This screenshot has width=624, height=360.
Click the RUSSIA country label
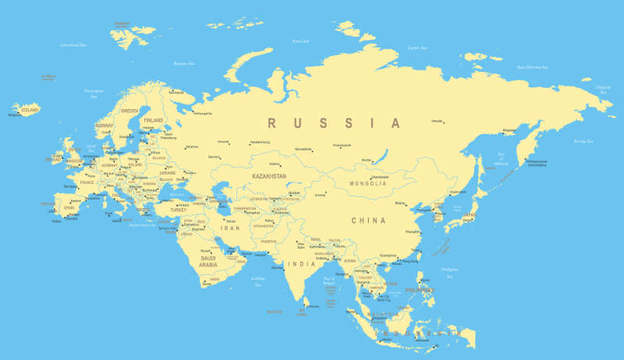tap(334, 123)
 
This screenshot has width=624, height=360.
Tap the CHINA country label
tap(368, 221)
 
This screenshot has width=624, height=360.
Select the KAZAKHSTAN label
tap(269, 177)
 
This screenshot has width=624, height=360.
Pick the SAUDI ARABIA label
tap(208, 261)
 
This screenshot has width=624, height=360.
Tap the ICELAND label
tap(30, 110)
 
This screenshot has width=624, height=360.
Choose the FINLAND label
tap(154, 121)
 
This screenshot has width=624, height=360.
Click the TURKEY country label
tap(179, 210)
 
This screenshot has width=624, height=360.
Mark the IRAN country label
tap(232, 228)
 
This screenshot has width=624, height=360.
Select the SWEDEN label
tap(129, 111)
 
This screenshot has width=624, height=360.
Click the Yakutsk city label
tap(437, 121)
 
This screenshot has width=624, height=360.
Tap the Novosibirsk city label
tap(303, 148)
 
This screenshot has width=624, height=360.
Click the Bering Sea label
tap(583, 141)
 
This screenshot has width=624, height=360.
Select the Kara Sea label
tap(300, 41)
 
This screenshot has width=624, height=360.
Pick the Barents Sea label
tap(183, 62)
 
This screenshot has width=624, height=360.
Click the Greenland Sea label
tap(73, 45)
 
